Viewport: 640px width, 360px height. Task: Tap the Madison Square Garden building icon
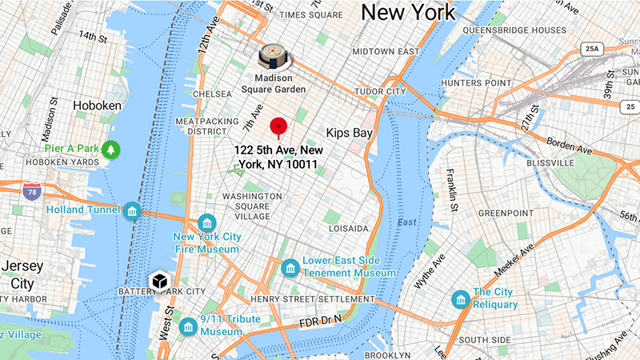point(274,57)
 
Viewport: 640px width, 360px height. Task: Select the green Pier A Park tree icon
point(110,149)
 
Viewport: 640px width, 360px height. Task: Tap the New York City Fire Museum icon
point(207,223)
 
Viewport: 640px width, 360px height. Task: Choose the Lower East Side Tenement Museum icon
point(290,266)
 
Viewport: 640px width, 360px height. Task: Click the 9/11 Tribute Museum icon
point(188,326)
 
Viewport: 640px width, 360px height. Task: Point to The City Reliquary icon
point(460,299)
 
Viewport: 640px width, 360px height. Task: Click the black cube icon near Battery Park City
point(159,282)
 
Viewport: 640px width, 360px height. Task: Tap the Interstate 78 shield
point(32,190)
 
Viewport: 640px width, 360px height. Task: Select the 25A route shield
point(592,50)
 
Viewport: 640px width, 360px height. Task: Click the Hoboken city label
point(97,106)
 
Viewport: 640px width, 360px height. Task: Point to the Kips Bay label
point(350,133)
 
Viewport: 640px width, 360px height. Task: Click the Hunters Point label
point(475,82)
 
